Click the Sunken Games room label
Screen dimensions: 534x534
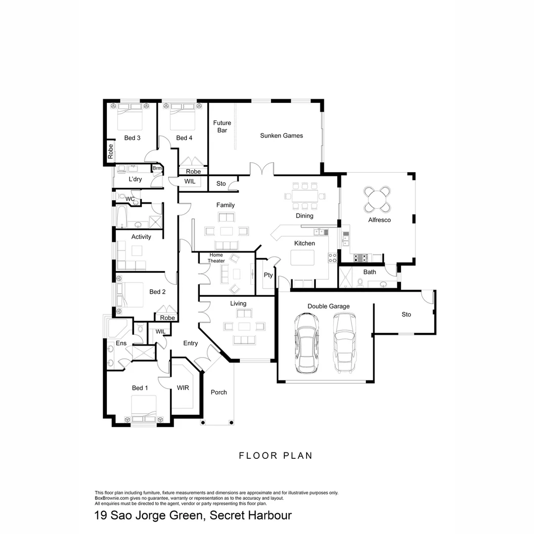(x=281, y=135)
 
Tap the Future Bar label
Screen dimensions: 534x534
(x=222, y=127)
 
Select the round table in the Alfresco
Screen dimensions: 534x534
(x=377, y=199)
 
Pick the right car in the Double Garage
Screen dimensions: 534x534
(x=344, y=344)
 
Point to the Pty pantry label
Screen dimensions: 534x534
(x=268, y=275)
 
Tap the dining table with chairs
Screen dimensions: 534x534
(x=305, y=196)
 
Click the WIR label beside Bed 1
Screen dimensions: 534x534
(x=182, y=388)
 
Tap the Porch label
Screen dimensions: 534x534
(x=219, y=392)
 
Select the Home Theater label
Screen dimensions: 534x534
(x=216, y=258)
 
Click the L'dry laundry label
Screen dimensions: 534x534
(x=135, y=179)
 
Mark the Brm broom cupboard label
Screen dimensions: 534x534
(x=157, y=169)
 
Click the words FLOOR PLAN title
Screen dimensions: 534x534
(x=276, y=455)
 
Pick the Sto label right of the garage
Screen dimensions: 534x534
(x=406, y=314)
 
